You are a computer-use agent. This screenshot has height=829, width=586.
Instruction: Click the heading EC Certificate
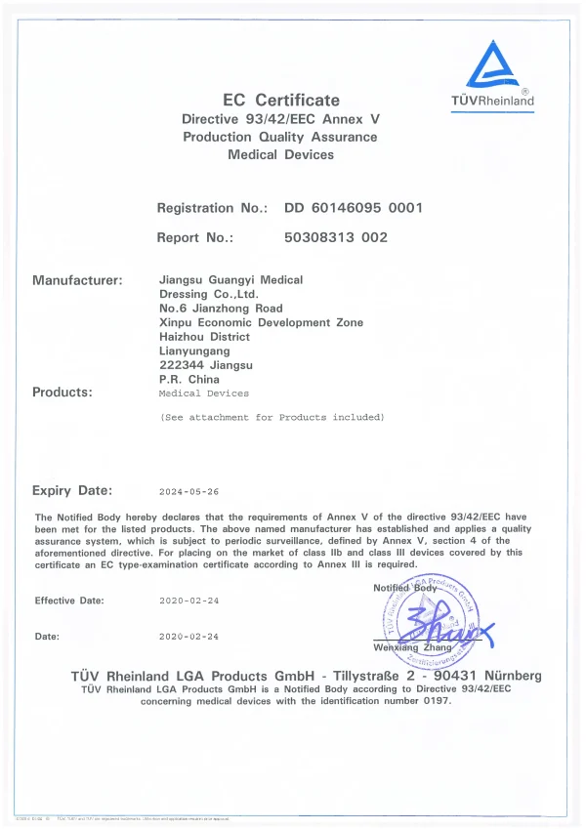click(281, 100)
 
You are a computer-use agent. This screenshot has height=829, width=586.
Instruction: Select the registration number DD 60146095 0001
click(353, 208)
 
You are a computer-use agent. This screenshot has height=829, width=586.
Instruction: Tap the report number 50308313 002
click(335, 237)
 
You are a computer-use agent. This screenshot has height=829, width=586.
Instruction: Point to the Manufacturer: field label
click(77, 280)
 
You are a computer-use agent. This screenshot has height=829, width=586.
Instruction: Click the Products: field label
click(63, 393)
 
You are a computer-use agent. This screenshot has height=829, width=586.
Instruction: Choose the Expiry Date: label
click(72, 491)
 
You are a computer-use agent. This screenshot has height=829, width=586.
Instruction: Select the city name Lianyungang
click(194, 351)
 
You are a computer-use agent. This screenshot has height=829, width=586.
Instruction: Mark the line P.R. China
click(188, 379)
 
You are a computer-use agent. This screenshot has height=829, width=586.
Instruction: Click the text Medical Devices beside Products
click(203, 394)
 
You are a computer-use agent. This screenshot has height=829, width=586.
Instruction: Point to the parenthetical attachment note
click(272, 417)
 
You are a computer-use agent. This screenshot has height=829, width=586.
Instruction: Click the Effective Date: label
click(69, 601)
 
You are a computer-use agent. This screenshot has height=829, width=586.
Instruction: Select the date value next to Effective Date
click(188, 601)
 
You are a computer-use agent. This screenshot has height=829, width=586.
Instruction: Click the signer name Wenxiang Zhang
click(413, 647)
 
